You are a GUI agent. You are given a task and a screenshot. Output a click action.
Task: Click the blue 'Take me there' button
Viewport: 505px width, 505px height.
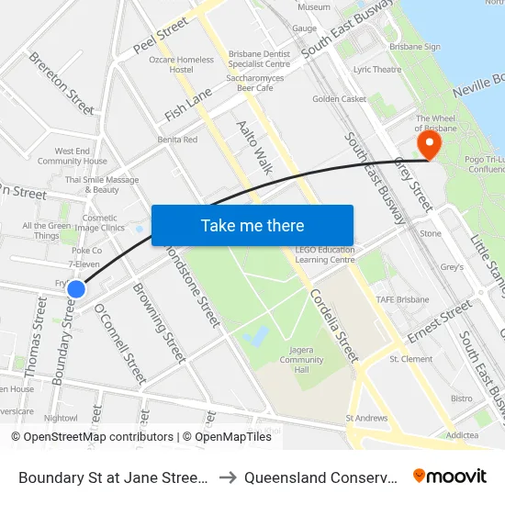pos(252,225)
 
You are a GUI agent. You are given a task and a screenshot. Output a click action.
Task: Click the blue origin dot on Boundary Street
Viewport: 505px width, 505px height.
pos(76,289)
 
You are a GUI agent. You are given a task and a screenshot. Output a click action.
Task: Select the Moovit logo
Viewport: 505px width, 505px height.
pos(450,476)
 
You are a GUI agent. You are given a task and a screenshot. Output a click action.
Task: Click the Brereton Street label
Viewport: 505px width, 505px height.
pos(62,83)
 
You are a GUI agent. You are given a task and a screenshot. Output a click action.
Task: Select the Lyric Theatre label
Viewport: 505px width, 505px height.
pos(377,70)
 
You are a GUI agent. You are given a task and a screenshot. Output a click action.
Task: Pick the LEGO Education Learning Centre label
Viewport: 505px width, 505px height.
pos(325,254)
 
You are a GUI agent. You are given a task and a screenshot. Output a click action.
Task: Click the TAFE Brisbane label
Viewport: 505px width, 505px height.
pos(402,299)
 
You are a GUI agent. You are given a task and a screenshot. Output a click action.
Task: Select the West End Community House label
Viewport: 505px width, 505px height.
pos(73,156)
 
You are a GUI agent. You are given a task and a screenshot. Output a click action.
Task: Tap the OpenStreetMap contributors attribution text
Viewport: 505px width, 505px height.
pos(93,437)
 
